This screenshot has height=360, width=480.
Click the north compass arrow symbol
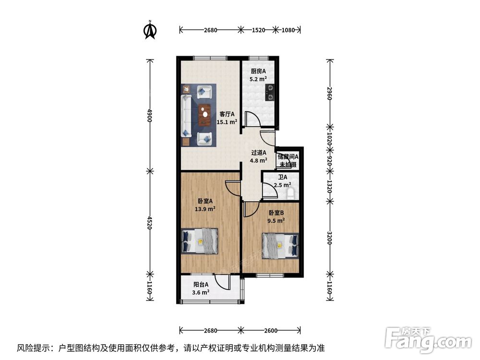(150, 30)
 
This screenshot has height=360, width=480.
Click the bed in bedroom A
(200, 241)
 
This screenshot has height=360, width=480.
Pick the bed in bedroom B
(280, 245)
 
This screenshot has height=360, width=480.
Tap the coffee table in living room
(205, 115)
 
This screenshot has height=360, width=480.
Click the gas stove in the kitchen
(271, 93)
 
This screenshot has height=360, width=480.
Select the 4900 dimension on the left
(150, 116)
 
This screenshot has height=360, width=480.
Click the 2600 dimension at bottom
(271, 330)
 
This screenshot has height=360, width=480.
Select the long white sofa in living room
(186, 116)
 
